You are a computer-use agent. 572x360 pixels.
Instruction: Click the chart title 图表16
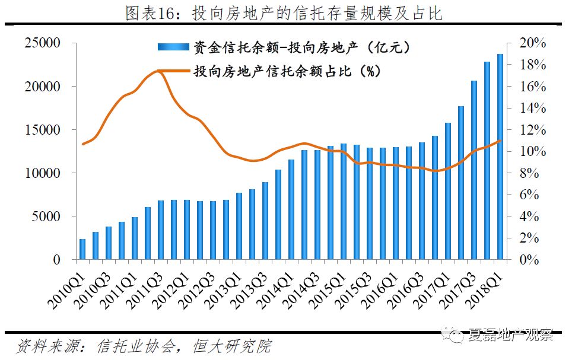[x=284, y=13]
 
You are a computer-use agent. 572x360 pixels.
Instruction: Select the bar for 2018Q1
[x=500, y=157]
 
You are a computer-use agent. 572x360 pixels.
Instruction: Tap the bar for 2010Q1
[x=82, y=249]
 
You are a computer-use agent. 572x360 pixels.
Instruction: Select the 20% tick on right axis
[x=532, y=43]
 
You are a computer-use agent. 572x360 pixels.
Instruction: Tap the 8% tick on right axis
[x=529, y=173]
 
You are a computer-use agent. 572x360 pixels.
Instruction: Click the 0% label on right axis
[x=529, y=260]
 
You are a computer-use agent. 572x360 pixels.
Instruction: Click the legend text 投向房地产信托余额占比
[x=284, y=71]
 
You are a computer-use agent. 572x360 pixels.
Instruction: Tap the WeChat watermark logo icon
[x=457, y=335]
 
